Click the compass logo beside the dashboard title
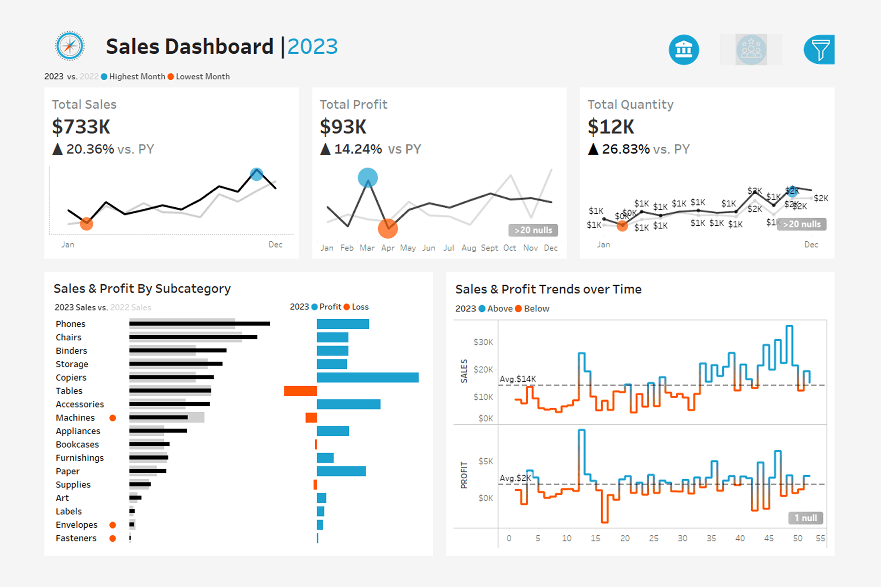click(70, 46)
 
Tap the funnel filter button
click(820, 50)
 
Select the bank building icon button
click(684, 50)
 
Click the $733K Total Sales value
click(81, 127)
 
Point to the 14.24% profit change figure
click(358, 149)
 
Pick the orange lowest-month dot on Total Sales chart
click(86, 224)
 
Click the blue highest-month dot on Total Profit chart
click(368, 177)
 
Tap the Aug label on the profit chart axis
click(468, 248)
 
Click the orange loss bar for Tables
click(300, 391)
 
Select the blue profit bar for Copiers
click(368, 377)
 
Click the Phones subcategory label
click(71, 324)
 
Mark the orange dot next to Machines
click(112, 418)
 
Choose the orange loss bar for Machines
click(311, 418)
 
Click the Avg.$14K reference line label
click(518, 379)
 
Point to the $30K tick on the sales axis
click(483, 342)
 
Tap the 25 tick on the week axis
click(653, 538)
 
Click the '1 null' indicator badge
click(806, 518)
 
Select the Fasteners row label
click(76, 538)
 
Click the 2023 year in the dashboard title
click(312, 47)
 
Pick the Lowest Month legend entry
click(202, 77)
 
